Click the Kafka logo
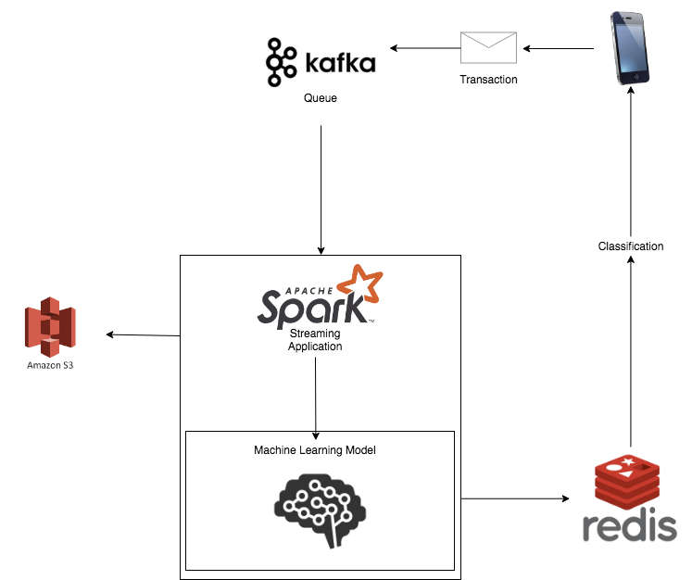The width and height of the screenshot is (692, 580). coord(320,62)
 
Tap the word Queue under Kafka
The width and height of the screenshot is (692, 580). coord(321,97)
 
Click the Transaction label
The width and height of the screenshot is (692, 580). coord(488,80)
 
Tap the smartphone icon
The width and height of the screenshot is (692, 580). coord(630,48)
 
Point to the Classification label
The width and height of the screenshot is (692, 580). coord(631,246)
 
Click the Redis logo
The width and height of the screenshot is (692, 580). coord(630,500)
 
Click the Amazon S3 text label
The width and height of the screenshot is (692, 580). coord(52,366)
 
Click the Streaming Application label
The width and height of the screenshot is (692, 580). coord(315,340)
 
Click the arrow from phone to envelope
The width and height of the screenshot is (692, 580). coord(557,48)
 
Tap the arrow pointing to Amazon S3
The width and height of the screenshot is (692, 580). coord(144,334)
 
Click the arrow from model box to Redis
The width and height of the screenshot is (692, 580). coord(514,498)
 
